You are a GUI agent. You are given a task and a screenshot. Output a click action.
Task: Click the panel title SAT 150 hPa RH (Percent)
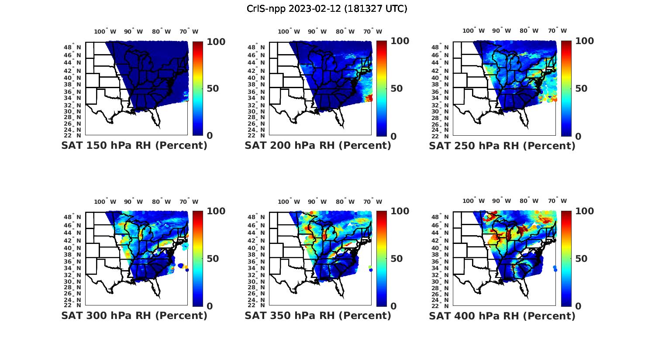coord(134,146)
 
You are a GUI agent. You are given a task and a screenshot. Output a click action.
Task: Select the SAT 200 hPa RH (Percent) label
coord(318,146)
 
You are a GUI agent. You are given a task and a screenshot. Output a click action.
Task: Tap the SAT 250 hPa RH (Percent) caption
coord(502,146)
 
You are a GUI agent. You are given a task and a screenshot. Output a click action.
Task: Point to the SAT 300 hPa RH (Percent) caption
coord(134,315)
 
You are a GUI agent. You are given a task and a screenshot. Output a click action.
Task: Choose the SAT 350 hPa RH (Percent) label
coord(318,315)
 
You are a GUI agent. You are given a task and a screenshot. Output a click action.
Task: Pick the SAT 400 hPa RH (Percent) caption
coord(502,315)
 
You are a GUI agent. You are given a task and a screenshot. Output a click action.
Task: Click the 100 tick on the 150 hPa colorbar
coord(216,42)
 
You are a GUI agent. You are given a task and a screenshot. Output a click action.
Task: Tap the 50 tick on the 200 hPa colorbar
coord(396,89)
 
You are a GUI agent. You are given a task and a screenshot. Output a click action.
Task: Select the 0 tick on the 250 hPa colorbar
coord(578,136)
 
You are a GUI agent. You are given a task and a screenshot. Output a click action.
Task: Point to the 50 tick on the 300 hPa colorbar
coord(213,259)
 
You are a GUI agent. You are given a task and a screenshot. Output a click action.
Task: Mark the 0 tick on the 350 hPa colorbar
coord(394,306)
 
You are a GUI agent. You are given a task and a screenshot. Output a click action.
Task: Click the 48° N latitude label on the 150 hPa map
coord(73,48)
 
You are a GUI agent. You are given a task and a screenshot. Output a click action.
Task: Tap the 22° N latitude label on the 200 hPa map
coord(257,136)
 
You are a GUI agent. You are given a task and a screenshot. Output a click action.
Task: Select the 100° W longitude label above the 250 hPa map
coord(473,31)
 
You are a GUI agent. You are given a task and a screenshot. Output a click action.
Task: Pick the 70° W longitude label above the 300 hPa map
coord(189,202)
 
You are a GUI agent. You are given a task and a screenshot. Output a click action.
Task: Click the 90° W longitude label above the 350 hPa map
coord(317,202)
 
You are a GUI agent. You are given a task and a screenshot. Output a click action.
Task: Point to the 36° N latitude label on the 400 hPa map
coord(441,261)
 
